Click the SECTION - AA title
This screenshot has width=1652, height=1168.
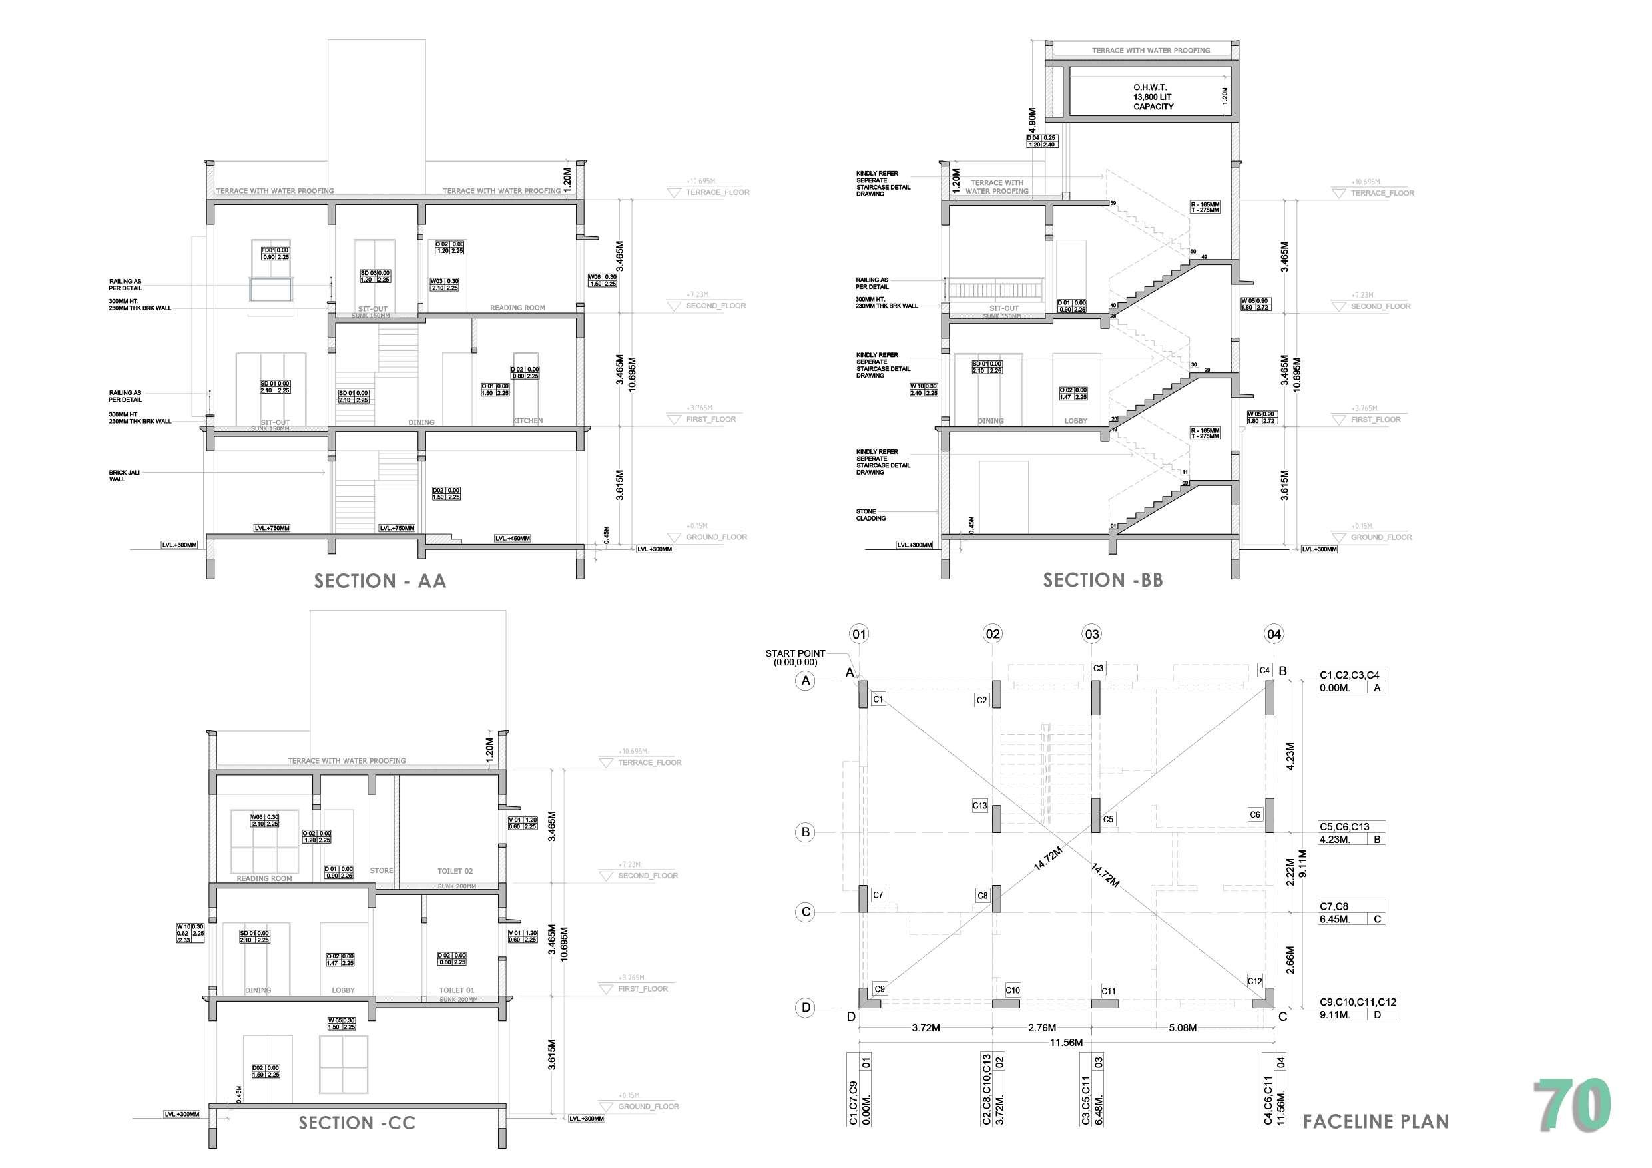[x=380, y=581]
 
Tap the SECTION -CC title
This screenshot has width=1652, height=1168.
[x=357, y=1123]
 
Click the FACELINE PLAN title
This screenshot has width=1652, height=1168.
[x=1376, y=1121]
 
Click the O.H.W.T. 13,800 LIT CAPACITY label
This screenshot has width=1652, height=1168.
[x=1153, y=97]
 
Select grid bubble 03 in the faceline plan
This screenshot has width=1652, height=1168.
[x=1091, y=634]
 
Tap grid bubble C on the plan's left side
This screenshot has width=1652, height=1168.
[x=806, y=912]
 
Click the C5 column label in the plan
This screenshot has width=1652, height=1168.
[x=1108, y=819]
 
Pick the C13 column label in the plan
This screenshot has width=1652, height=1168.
[x=979, y=806]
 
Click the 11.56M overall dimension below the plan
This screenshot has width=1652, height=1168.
[x=1065, y=1042]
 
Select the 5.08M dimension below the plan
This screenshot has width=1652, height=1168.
[x=1182, y=1027]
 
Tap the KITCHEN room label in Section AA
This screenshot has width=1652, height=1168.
[x=527, y=420]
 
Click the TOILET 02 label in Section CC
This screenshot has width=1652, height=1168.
[x=455, y=871]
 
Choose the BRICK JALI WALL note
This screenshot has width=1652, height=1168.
[x=124, y=475]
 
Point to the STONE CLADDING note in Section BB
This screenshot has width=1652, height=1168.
[x=870, y=515]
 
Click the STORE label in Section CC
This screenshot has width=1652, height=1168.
[x=382, y=871]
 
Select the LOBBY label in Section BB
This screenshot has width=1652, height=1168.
[x=1075, y=420]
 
